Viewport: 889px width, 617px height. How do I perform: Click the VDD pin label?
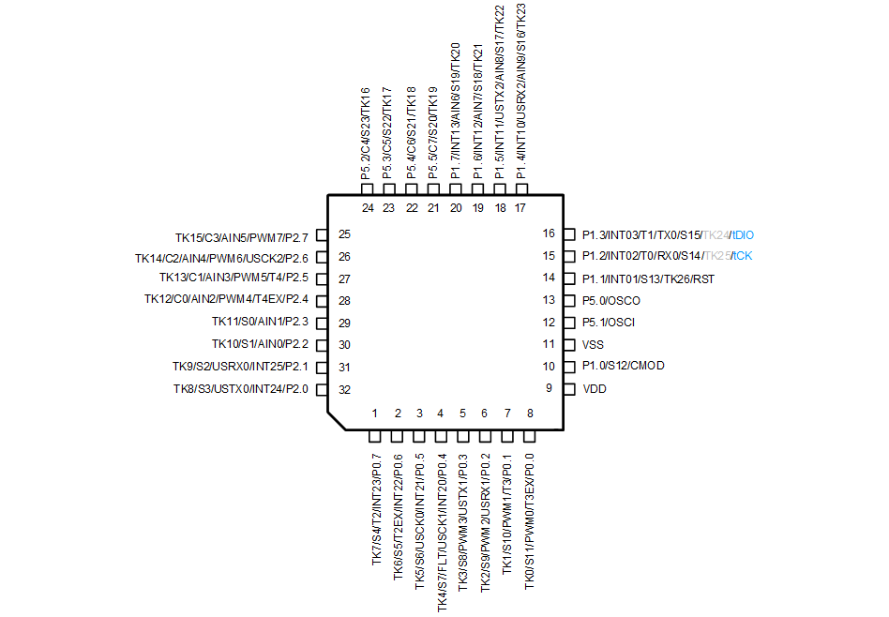pyautogui.click(x=595, y=388)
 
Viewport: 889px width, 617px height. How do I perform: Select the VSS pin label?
pyautogui.click(x=594, y=344)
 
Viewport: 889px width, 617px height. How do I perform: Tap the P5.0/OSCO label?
pyautogui.click(x=611, y=300)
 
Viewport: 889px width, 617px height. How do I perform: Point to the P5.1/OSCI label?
pyautogui.click(x=610, y=323)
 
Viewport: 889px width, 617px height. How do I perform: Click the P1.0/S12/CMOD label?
pyautogui.click(x=624, y=366)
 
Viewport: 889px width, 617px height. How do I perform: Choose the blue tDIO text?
pyautogui.click(x=743, y=234)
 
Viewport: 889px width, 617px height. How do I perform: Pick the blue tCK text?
pyautogui.click(x=742, y=256)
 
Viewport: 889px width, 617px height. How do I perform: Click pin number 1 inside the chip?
pyautogui.click(x=375, y=414)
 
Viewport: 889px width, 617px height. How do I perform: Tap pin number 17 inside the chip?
pyautogui.click(x=520, y=208)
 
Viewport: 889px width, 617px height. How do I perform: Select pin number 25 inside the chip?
pyautogui.click(x=344, y=234)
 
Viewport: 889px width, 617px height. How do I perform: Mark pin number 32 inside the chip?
pyautogui.click(x=344, y=389)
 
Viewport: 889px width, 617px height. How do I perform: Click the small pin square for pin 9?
pyautogui.click(x=568, y=388)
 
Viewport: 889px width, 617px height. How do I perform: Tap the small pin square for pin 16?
pyautogui.click(x=568, y=234)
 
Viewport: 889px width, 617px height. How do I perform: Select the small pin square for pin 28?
pyautogui.click(x=321, y=300)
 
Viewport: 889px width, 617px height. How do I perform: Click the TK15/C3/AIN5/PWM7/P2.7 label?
pyautogui.click(x=242, y=234)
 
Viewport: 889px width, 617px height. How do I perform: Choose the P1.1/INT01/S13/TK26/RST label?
pyautogui.click(x=649, y=278)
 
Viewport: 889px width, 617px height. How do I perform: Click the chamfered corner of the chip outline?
pyautogui.click(x=336, y=421)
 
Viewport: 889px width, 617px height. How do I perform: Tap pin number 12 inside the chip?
pyautogui.click(x=550, y=323)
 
